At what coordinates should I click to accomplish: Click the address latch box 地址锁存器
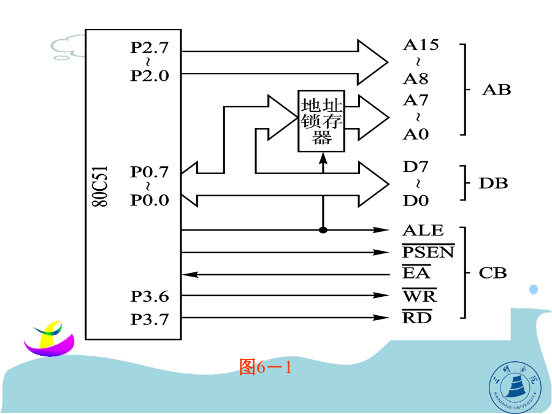[x=321, y=121]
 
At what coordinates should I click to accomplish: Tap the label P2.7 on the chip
[x=149, y=47]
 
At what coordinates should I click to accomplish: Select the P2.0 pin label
[x=149, y=75]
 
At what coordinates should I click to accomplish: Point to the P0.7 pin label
[x=149, y=172]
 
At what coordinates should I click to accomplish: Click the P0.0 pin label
[x=149, y=200]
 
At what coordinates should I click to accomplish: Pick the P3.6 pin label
[x=149, y=297]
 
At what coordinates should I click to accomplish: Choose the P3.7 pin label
[x=149, y=320]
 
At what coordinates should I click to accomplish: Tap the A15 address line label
[x=420, y=45]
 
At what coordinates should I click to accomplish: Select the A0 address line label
[x=416, y=134]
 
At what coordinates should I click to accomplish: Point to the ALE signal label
[x=423, y=231]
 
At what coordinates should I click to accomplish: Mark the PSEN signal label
[x=428, y=252]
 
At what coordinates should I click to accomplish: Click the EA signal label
[x=416, y=274]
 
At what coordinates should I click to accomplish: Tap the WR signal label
[x=420, y=297]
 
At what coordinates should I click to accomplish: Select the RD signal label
[x=417, y=318]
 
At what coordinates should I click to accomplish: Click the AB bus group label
[x=496, y=90]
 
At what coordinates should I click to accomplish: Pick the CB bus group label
[x=493, y=273]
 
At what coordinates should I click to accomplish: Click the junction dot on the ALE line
[x=323, y=231]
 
